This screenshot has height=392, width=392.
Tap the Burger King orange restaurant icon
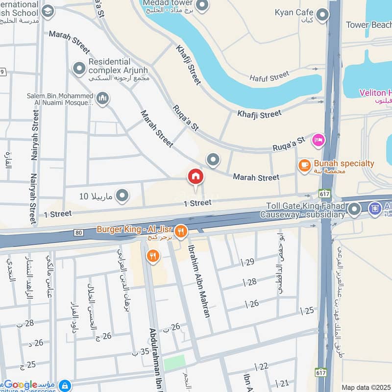[181, 231]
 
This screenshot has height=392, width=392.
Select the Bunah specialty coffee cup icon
[304, 166]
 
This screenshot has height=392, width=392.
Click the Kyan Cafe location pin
[322, 15]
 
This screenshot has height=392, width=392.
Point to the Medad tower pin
[202, 5]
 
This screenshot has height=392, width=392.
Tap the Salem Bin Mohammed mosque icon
[102, 99]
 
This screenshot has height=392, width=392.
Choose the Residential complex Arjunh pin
[79, 69]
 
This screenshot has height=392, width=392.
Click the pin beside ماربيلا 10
[122, 196]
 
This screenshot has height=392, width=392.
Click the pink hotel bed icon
[318, 141]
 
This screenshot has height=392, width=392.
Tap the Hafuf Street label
[269, 76]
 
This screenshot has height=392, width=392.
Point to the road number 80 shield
[79, 232]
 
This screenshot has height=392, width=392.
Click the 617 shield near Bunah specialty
[324, 193]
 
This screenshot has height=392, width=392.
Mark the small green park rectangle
[174, 363]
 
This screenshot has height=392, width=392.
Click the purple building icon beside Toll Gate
[375, 209]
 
